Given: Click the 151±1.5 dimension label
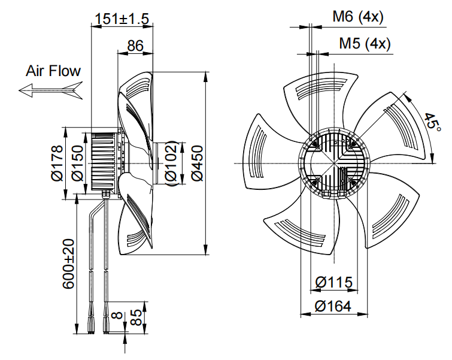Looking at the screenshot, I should pyautogui.click(x=122, y=19).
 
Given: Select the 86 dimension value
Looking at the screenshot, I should pyautogui.click(x=135, y=46).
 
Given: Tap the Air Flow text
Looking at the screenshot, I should pyautogui.click(x=53, y=71).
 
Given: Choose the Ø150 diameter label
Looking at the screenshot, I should pyautogui.click(x=77, y=163).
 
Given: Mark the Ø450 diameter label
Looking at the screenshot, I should pyautogui.click(x=198, y=163).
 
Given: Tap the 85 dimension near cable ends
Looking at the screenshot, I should pyautogui.click(x=136, y=317).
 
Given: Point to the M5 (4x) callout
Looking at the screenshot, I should pyautogui.click(x=365, y=44).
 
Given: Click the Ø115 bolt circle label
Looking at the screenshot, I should pyautogui.click(x=333, y=282).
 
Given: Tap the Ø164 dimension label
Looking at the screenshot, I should pyautogui.click(x=333, y=306).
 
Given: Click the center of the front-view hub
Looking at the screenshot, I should pyautogui.click(x=333, y=163).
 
